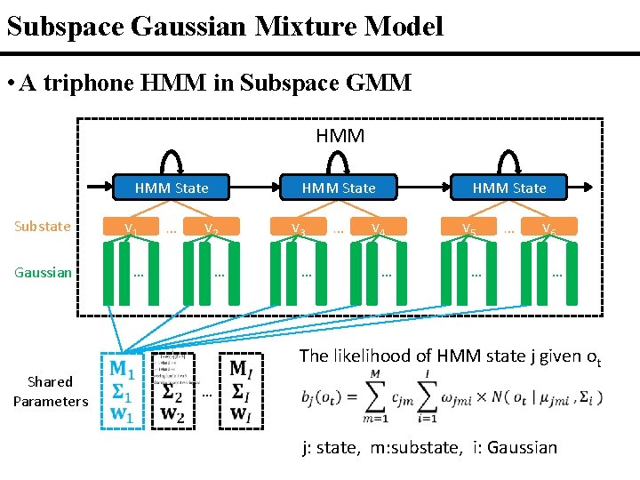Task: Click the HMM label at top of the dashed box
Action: [x=340, y=136]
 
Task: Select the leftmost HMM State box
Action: [x=172, y=188]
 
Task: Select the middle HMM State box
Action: [x=339, y=188]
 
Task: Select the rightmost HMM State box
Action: [x=509, y=188]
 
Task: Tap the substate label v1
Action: [x=131, y=228]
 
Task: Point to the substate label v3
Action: [x=299, y=228]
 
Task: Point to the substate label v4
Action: [x=378, y=228]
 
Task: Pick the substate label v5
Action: [x=468, y=228]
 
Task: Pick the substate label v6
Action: [x=549, y=228]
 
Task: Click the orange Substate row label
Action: [x=43, y=227]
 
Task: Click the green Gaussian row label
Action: [x=43, y=272]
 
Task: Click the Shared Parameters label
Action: [x=51, y=391]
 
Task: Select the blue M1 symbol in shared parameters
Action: [x=122, y=368]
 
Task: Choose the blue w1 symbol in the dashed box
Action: [x=122, y=413]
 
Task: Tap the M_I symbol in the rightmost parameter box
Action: [x=240, y=368]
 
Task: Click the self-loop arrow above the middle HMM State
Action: [x=339, y=161]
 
